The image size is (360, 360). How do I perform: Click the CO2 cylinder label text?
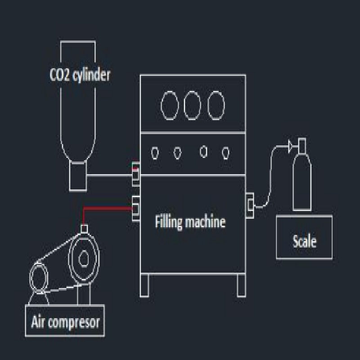click(79, 75)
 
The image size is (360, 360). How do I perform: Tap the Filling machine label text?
click(190, 222)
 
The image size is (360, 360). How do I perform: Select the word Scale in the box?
click(304, 241)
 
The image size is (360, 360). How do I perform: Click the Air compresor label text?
click(65, 322)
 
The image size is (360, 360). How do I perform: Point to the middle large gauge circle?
click(192, 105)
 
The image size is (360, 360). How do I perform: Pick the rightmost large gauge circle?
click(216, 105)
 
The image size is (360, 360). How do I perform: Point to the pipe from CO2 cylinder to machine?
click(110, 175)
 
